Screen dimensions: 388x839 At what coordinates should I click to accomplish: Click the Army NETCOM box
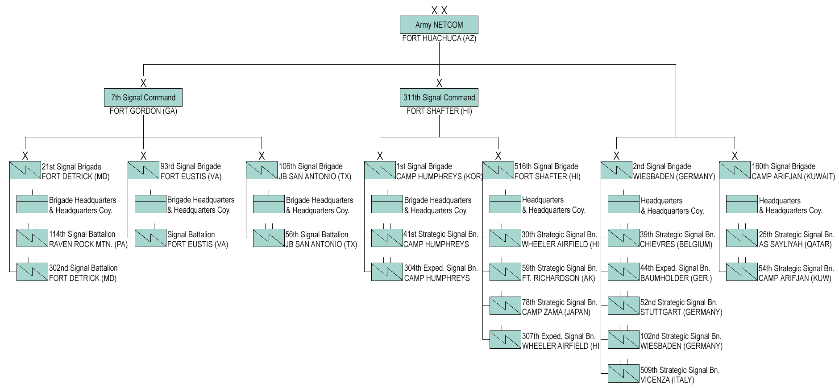[x=439, y=25]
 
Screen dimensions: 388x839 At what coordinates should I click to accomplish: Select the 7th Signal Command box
[x=143, y=98]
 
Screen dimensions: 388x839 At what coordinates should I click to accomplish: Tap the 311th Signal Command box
[x=439, y=98]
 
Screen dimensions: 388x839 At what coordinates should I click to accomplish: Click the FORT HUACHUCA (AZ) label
[x=439, y=39]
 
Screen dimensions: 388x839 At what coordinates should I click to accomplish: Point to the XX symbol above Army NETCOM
[x=439, y=10]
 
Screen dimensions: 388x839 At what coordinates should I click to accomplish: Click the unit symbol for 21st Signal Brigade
[x=25, y=170]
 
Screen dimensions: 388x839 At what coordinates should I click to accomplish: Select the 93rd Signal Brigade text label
[x=191, y=166]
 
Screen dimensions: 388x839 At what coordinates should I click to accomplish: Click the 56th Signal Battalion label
[x=317, y=235]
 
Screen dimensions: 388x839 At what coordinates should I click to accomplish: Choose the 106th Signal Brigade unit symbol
[x=262, y=170]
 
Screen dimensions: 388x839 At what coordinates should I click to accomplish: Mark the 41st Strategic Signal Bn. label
[x=440, y=234]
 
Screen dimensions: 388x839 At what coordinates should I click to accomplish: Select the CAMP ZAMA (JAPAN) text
[x=556, y=312]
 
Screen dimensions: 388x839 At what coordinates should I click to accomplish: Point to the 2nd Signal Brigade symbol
[x=616, y=170]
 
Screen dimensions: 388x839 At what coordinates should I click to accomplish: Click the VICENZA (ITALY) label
[x=667, y=380]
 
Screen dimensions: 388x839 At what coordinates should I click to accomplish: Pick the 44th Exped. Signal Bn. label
[x=675, y=268]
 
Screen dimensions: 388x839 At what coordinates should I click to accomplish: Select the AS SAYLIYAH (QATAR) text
[x=795, y=244]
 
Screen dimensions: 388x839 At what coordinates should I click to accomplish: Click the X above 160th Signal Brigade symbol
[x=735, y=156]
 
